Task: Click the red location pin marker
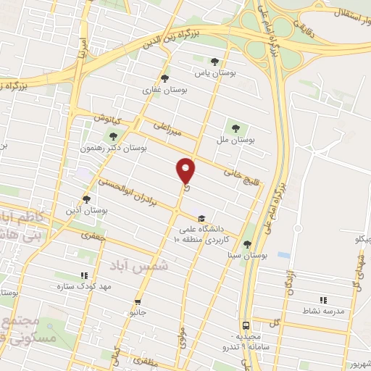(187, 170)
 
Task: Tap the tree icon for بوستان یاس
(214, 62)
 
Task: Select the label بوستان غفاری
(165, 91)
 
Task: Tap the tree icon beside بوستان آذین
(86, 199)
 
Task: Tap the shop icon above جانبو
(137, 301)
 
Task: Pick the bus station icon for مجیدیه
(246, 325)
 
